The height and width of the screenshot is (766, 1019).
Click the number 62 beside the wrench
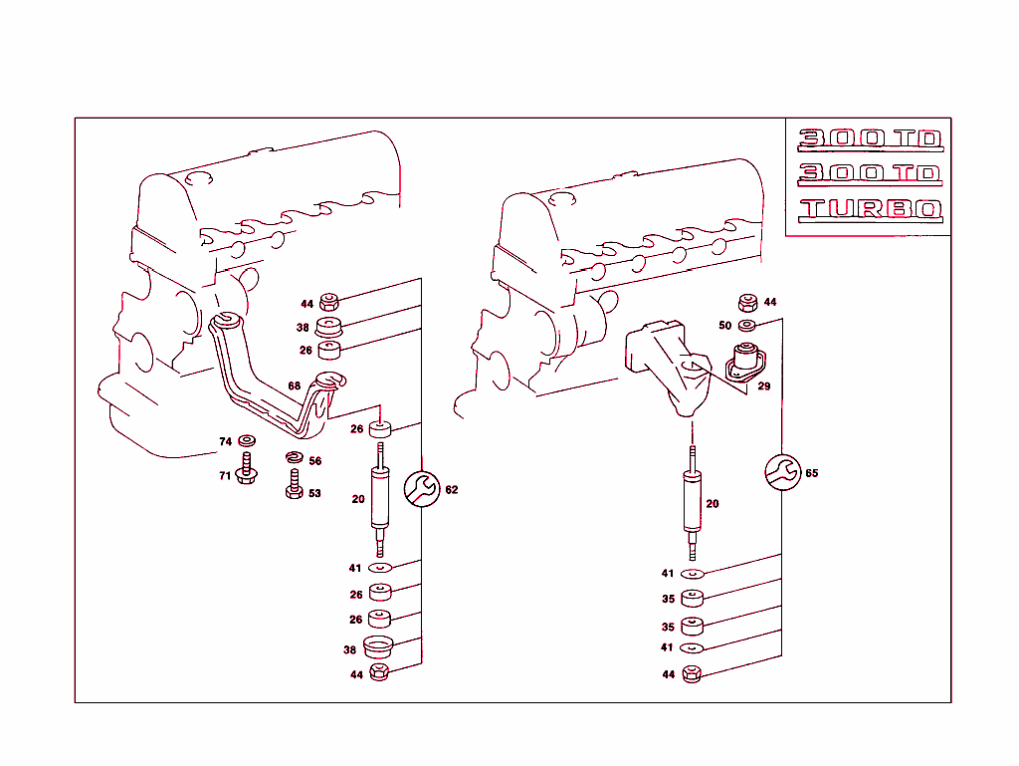pyautogui.click(x=452, y=490)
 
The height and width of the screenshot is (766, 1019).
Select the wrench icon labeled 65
pyautogui.click(x=782, y=472)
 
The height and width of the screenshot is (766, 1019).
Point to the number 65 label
pyautogui.click(x=812, y=474)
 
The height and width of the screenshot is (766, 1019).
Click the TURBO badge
pyautogui.click(x=870, y=210)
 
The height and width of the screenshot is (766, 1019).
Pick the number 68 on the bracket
pyautogui.click(x=294, y=385)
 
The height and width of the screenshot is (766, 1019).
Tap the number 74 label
pyautogui.click(x=225, y=441)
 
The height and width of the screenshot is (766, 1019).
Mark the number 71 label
pyautogui.click(x=225, y=476)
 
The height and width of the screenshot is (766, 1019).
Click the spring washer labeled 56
pyautogui.click(x=293, y=458)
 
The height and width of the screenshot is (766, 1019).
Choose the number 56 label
pyautogui.click(x=314, y=461)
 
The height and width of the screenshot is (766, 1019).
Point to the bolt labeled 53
pyautogui.click(x=294, y=485)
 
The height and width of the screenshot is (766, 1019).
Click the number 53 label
pyautogui.click(x=314, y=493)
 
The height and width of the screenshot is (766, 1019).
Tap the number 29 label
pyautogui.click(x=763, y=386)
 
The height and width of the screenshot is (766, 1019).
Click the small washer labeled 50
pyautogui.click(x=747, y=325)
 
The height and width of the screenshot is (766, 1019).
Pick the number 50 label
pyautogui.click(x=724, y=326)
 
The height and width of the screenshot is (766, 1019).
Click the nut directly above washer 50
pyautogui.click(x=747, y=303)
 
